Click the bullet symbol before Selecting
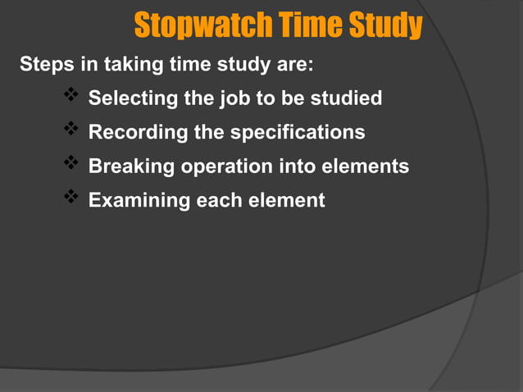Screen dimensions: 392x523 click(x=70, y=98)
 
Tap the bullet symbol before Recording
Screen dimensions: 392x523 click(x=70, y=130)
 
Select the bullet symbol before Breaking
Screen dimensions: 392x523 click(x=70, y=165)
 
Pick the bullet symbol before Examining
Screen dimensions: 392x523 click(x=70, y=198)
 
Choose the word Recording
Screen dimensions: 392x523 click(x=132, y=132)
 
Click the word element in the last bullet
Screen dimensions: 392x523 click(x=285, y=200)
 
